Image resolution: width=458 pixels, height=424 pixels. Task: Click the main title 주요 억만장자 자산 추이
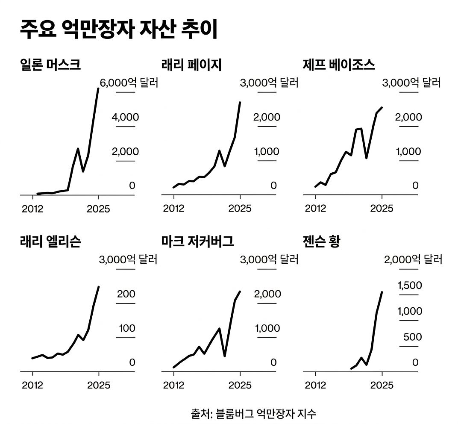(x=119, y=30)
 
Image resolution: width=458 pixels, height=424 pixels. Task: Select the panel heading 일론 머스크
(x=50, y=65)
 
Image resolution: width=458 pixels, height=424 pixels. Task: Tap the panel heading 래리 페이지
(x=191, y=65)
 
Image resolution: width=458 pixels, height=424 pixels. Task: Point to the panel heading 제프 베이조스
(x=338, y=65)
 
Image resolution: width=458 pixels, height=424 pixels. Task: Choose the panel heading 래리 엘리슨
(x=50, y=242)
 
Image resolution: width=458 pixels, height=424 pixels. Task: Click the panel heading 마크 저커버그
(x=198, y=242)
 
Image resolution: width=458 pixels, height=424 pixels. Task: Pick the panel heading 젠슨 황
(x=321, y=242)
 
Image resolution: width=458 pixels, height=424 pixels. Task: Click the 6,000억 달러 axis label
(x=129, y=82)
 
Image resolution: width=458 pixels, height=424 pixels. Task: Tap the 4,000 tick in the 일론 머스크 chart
(x=125, y=117)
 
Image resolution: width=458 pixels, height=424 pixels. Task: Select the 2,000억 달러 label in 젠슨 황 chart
(x=413, y=259)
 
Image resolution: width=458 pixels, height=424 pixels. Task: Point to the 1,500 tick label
(x=410, y=285)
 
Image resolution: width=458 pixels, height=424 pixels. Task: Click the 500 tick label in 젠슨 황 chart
(x=412, y=337)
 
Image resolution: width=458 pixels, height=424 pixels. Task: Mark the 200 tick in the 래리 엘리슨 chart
(x=126, y=294)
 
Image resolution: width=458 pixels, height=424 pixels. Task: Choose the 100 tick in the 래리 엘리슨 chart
(x=126, y=328)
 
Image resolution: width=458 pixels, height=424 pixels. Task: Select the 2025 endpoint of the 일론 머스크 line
(x=98, y=89)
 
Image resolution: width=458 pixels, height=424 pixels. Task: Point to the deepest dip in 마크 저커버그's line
(x=225, y=356)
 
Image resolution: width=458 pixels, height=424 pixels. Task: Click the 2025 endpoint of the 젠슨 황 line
(x=382, y=292)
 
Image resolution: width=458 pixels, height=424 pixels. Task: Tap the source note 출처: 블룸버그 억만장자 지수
(x=254, y=413)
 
